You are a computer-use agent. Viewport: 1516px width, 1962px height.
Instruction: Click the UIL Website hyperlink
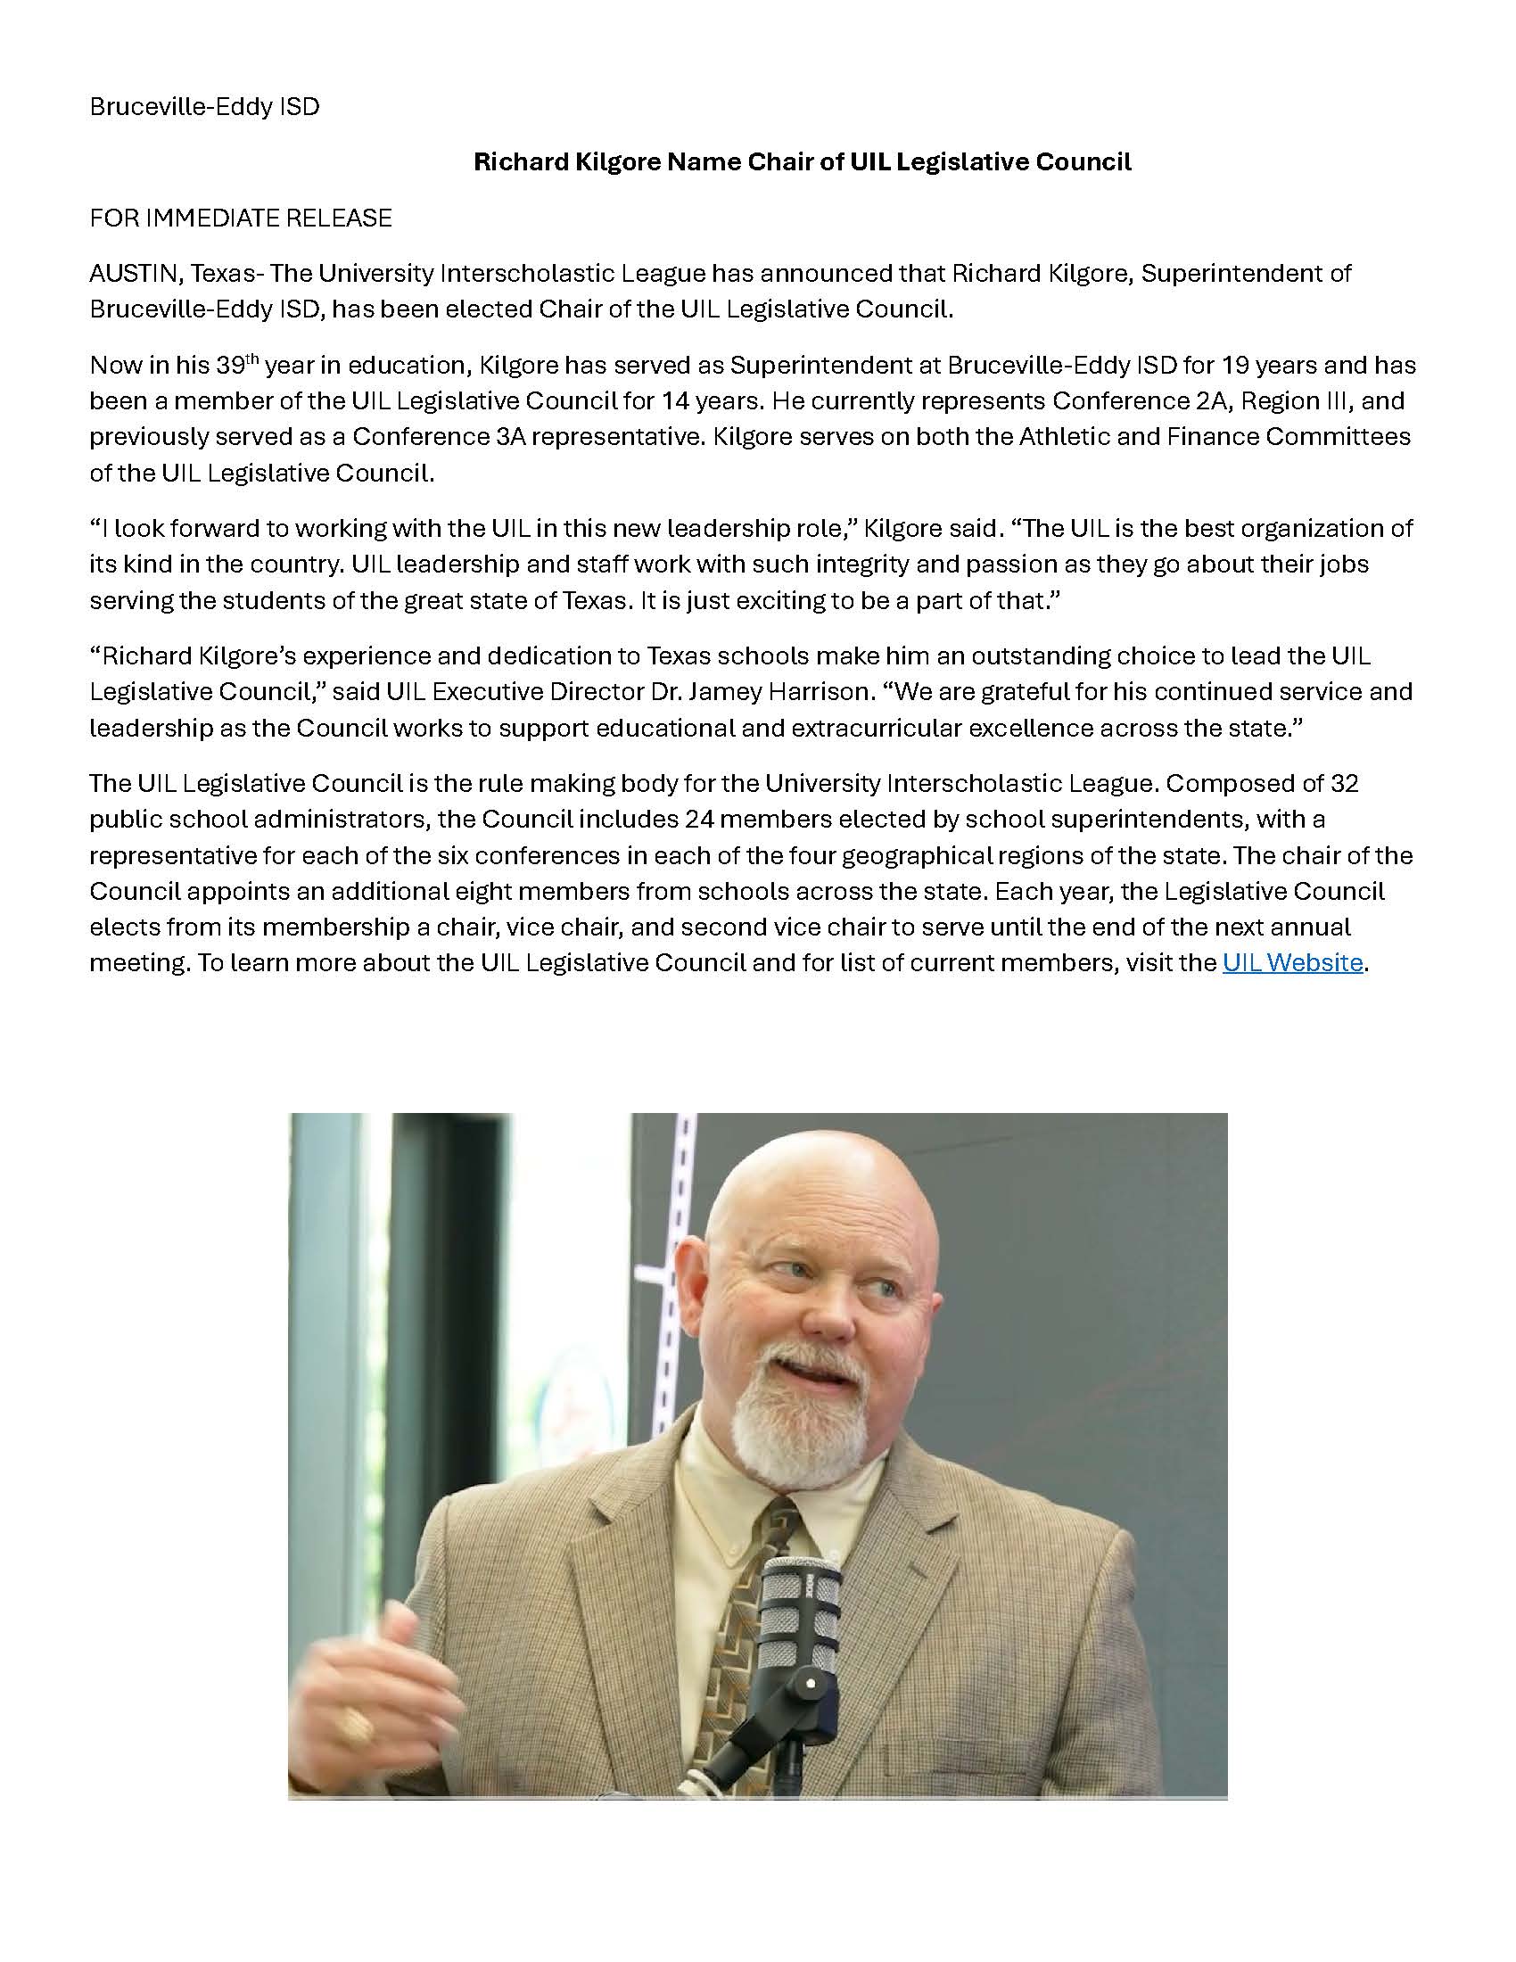point(1291,963)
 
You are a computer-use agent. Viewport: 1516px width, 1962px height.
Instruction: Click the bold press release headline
point(802,161)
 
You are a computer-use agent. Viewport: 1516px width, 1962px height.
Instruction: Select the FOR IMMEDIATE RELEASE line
point(241,218)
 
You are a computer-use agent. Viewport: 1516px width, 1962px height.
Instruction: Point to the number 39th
point(237,365)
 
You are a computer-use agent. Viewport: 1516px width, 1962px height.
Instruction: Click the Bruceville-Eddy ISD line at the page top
point(205,107)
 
